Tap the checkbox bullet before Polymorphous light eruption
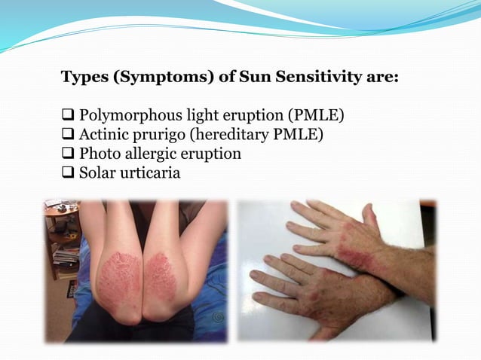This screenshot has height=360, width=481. click(66, 118)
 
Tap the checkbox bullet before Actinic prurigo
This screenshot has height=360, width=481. click(66, 136)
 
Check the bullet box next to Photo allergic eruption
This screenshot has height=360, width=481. click(66, 154)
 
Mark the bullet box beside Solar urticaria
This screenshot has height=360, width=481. click(66, 172)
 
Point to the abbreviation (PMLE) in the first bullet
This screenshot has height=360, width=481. click(314, 118)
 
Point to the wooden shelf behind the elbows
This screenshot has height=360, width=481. click(60, 226)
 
